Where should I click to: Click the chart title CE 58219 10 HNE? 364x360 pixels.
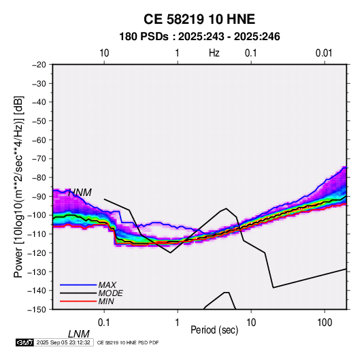tap(199, 19)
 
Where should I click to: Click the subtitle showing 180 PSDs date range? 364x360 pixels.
tap(199, 37)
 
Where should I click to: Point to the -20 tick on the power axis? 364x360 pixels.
tap(39, 65)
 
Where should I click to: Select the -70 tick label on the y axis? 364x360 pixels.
tap(39, 159)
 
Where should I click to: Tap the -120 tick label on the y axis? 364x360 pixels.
tap(37, 252)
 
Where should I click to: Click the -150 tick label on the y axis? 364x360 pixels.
tap(37, 310)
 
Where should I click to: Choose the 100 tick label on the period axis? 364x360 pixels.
tap(325, 323)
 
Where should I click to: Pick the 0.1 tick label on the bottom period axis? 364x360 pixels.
tap(104, 323)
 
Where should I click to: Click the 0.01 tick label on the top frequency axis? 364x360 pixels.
tap(324, 53)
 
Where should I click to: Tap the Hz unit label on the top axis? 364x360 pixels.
tap(214, 53)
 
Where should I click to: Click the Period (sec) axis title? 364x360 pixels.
tap(214, 330)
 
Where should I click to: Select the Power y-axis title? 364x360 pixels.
tap(18, 186)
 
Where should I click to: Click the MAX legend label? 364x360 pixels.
tap(107, 285)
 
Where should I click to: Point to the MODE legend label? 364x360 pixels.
tap(110, 293)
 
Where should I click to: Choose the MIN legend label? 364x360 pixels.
tap(106, 301)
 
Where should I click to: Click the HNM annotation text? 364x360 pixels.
tap(80, 193)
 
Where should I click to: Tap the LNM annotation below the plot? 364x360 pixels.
tap(79, 334)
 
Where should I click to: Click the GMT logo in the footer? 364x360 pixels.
tap(25, 342)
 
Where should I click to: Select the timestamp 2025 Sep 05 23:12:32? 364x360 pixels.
tap(63, 342)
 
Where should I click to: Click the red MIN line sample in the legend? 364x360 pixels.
tap(78, 301)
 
